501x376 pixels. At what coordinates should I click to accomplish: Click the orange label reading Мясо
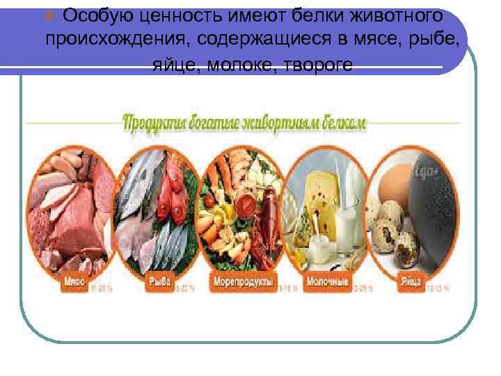click(x=76, y=282)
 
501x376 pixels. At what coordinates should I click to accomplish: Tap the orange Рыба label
click(x=156, y=282)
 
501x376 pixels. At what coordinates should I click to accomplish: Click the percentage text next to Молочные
click(x=360, y=286)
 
